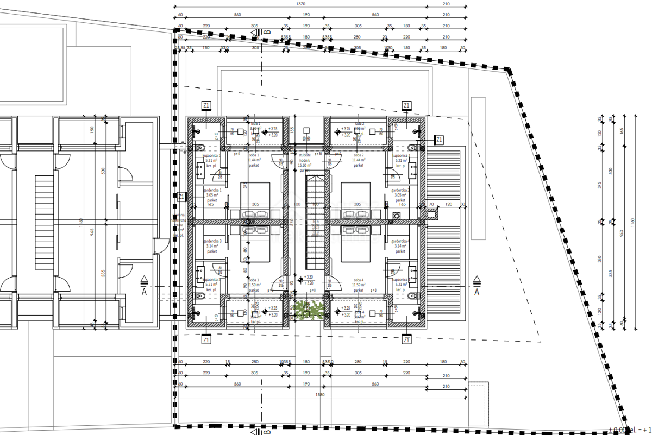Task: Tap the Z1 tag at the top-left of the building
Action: pyautogui.click(x=206, y=105)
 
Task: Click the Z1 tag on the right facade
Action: pyautogui.click(x=439, y=140)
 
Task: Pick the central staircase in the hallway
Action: pyautogui.click(x=315, y=223)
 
